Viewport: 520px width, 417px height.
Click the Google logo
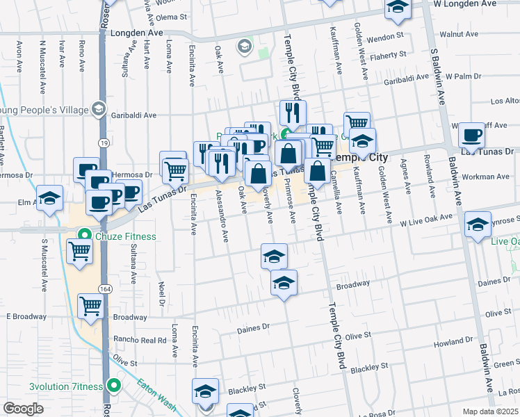click(23, 408)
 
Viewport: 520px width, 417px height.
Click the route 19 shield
click(103, 142)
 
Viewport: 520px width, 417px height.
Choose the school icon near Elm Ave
click(49, 198)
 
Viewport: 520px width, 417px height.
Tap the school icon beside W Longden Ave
click(398, 7)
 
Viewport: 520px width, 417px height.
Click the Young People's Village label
click(46, 109)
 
